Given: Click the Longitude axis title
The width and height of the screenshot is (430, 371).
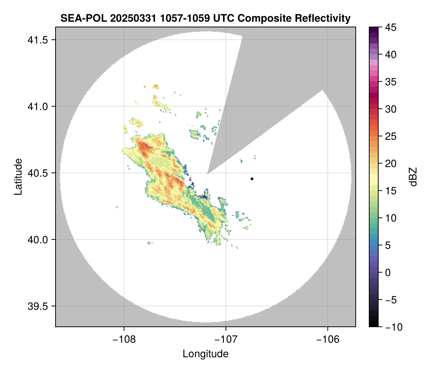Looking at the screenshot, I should coord(206,354).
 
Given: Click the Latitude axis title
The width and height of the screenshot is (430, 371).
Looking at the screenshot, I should coord(18,177).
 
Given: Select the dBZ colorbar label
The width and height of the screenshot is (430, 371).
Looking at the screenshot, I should coord(413,177).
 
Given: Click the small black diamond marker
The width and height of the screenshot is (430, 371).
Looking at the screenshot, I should coord(252,179).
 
